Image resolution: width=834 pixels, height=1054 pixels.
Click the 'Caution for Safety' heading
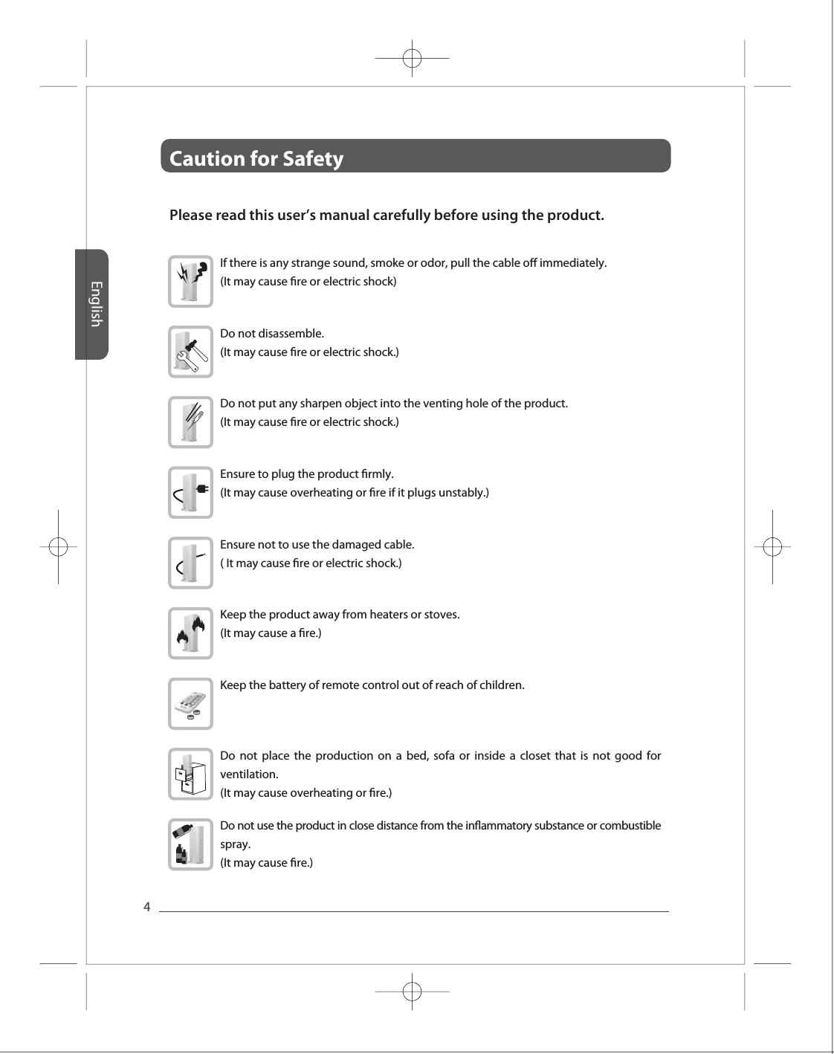pos(256,158)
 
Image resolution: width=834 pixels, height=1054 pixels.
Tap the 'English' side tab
pos(94,303)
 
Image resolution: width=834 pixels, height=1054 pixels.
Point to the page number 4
pos(146,907)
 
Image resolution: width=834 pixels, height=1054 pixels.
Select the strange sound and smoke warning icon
pos(190,281)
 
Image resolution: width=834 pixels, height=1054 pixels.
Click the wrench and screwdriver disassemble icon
pos(190,352)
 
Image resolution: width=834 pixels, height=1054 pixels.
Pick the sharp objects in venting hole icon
pos(190,422)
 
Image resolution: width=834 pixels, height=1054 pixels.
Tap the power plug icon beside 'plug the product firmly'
pos(190,492)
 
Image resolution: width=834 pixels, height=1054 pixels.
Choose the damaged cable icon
pos(190,563)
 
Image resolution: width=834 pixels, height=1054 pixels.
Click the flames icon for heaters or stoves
pos(190,633)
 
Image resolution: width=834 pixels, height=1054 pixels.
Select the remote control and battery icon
pos(190,703)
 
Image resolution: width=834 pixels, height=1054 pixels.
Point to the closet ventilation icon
pos(190,774)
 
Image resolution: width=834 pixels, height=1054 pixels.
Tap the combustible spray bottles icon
pos(190,844)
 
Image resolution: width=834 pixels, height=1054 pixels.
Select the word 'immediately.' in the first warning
pos(573,263)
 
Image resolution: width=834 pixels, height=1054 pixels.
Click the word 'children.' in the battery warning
pos(500,685)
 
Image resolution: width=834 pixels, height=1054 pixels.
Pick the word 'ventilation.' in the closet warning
pos(249,774)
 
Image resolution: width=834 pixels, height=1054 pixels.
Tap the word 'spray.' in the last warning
pos(236,844)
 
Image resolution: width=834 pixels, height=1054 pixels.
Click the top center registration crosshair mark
pos(412,57)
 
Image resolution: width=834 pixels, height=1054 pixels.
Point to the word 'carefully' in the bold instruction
pos(400,216)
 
